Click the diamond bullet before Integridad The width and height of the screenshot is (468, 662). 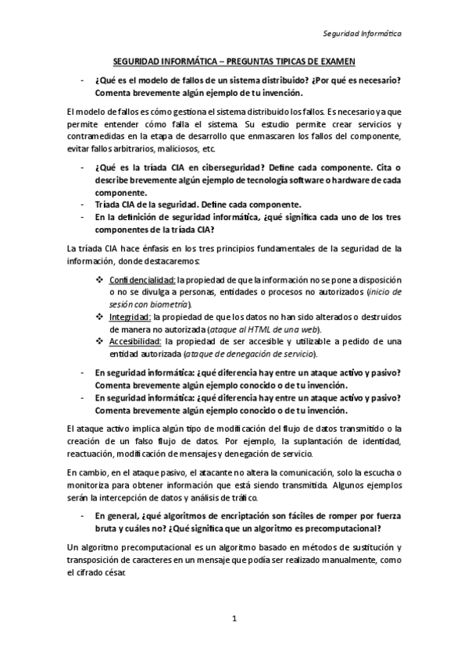[99, 317]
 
